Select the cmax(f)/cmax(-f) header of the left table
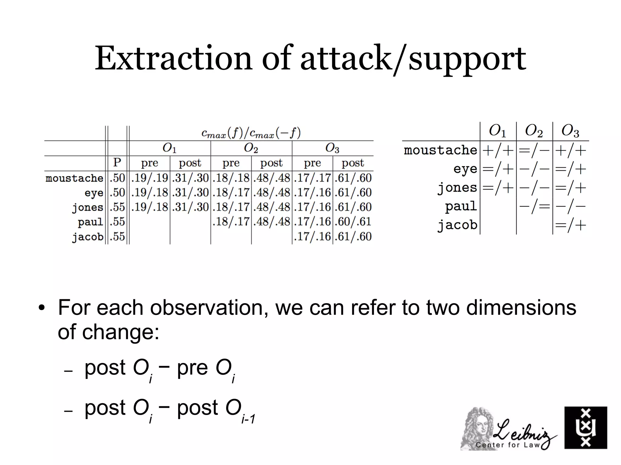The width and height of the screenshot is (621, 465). [x=251, y=133]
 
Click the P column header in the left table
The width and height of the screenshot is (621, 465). [x=117, y=163]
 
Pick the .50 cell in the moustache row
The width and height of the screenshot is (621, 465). [x=117, y=178]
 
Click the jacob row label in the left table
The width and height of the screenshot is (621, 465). [x=88, y=237]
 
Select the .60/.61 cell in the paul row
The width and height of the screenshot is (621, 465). [x=353, y=222]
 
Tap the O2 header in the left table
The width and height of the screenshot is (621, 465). [x=251, y=148]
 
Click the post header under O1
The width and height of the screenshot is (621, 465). [x=190, y=163]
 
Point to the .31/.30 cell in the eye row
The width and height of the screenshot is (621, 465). [x=190, y=192]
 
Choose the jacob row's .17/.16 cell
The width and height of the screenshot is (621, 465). [x=312, y=237]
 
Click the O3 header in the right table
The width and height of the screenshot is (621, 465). [x=570, y=131]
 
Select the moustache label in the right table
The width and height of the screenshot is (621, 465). [x=440, y=150]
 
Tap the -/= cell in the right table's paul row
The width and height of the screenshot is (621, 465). [x=534, y=207]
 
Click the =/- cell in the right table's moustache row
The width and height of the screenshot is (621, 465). [x=534, y=150]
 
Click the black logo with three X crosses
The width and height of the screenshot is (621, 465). [x=586, y=427]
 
